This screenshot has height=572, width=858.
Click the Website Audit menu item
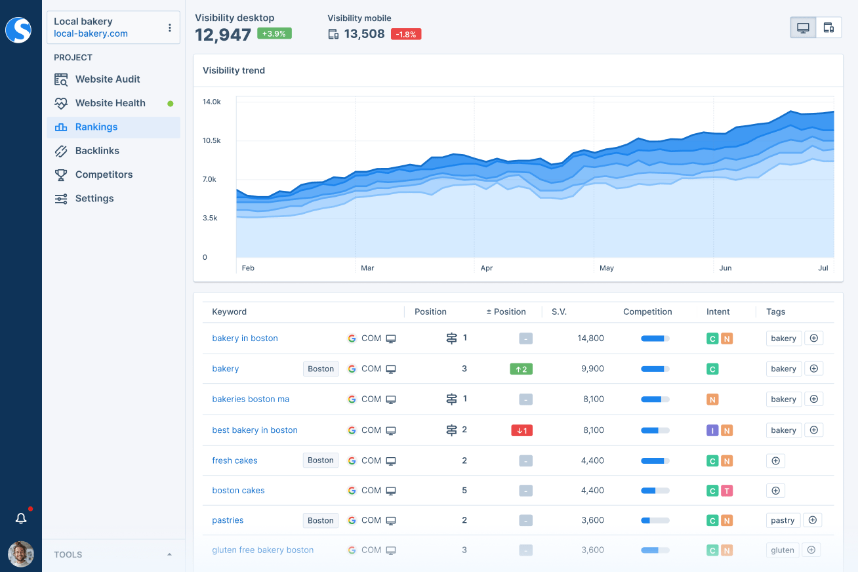pyautogui.click(x=108, y=79)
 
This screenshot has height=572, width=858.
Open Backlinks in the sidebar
pyautogui.click(x=97, y=151)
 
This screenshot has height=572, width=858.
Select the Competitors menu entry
pyautogui.click(x=104, y=174)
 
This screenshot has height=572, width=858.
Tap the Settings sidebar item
pyautogui.click(x=94, y=198)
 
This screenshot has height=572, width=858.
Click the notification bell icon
pyautogui.click(x=21, y=519)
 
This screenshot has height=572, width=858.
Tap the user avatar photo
pyautogui.click(x=21, y=554)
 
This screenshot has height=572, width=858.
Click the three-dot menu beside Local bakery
pyautogui.click(x=170, y=28)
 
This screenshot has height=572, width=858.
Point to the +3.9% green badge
pyautogui.click(x=274, y=33)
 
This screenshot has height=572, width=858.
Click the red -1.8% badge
pyautogui.click(x=406, y=34)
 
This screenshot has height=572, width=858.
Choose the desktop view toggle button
pyautogui.click(x=803, y=28)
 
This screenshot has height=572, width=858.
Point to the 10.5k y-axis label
pyautogui.click(x=211, y=140)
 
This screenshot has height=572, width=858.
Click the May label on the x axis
pyautogui.click(x=607, y=268)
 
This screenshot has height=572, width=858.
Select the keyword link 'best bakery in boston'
pyautogui.click(x=255, y=430)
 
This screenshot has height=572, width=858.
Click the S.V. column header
pyautogui.click(x=559, y=312)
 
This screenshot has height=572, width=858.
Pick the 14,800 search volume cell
pyautogui.click(x=590, y=338)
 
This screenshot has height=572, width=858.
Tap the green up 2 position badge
pyautogui.click(x=521, y=369)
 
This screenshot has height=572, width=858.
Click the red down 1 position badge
pyautogui.click(x=522, y=431)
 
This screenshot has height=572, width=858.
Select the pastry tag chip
pyautogui.click(x=783, y=521)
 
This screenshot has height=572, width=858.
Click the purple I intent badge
pyautogui.click(x=712, y=431)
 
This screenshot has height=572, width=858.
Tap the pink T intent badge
pyautogui.click(x=727, y=491)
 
